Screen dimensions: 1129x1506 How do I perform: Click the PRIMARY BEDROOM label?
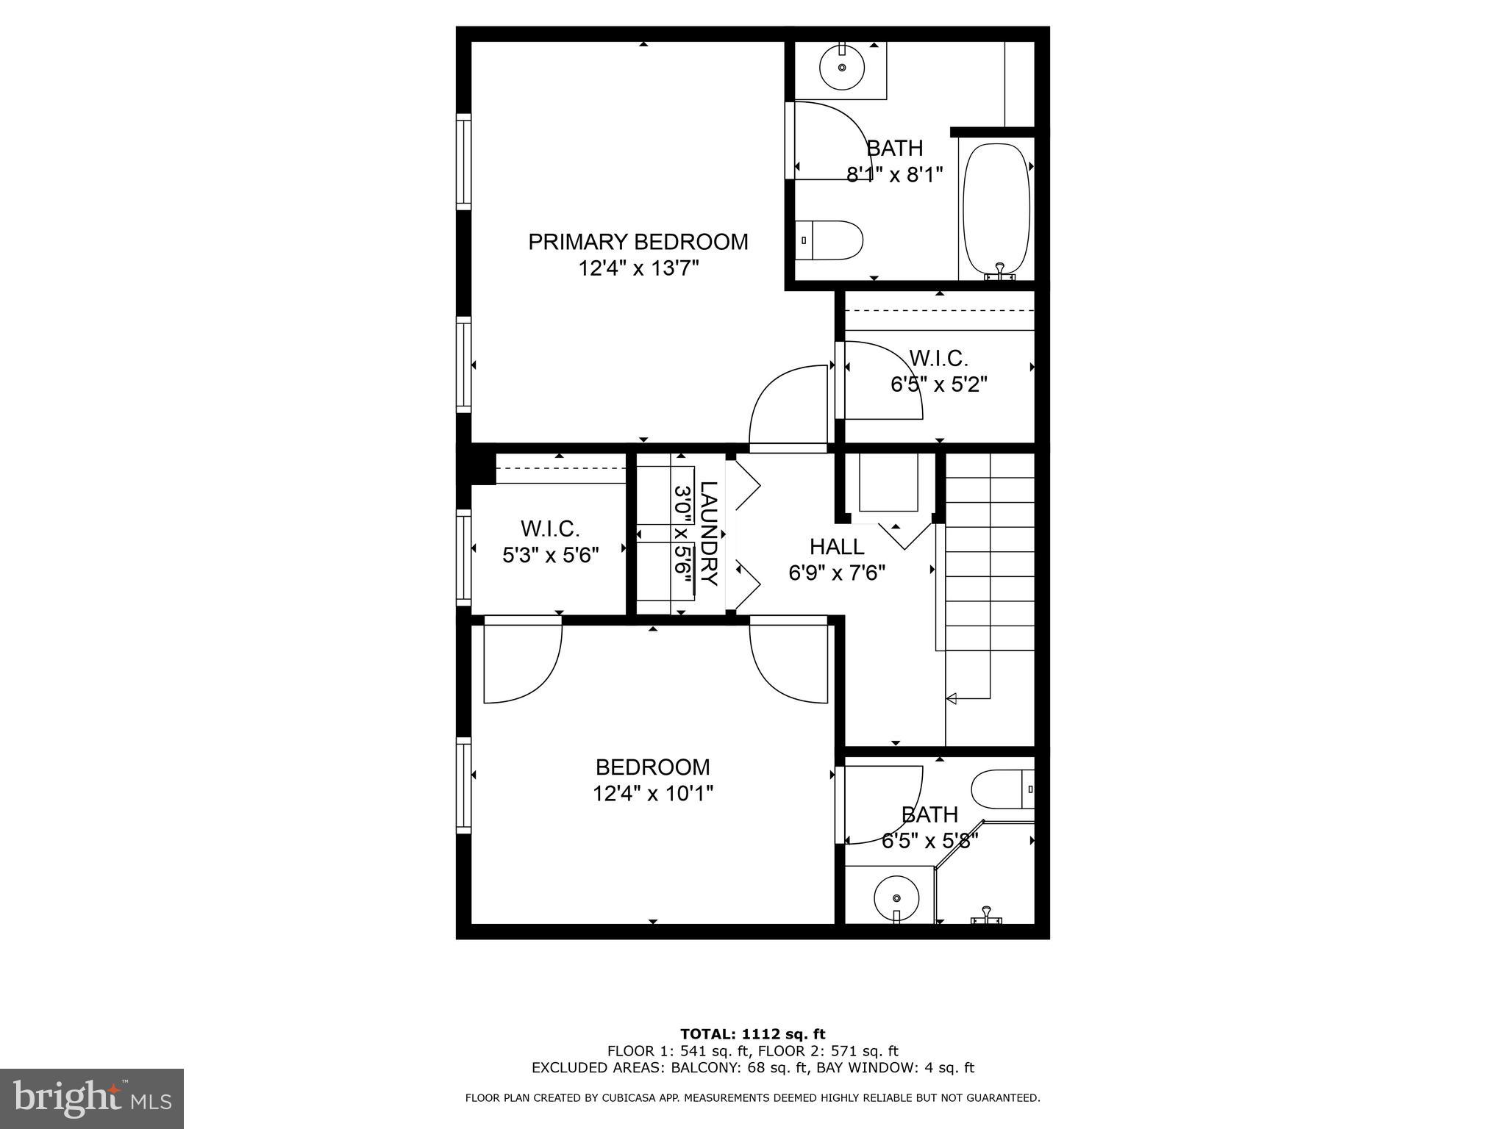pos(638,242)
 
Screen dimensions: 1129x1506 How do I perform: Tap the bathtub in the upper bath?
pos(996,209)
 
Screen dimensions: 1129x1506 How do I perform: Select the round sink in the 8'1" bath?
pos(841,67)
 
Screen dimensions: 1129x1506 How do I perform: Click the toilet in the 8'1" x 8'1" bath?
pos(831,240)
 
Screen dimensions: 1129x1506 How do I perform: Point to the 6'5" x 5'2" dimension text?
pos(938,384)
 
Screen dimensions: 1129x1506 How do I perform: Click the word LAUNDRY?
pos(707,533)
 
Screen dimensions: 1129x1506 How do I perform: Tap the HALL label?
pos(837,546)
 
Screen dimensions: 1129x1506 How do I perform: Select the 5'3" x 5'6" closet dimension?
pos(551,555)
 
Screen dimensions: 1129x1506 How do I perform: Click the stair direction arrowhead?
pos(950,698)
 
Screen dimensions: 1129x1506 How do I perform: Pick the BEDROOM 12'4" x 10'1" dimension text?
pos(653,793)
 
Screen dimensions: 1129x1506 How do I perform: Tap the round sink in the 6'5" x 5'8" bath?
pos(896,898)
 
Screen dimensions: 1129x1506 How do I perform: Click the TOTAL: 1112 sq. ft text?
pos(752,1034)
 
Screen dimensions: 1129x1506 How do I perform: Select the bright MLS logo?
pos(92,1098)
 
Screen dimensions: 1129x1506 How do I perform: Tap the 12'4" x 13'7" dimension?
pos(638,268)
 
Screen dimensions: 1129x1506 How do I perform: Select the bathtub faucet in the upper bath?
pos(999,272)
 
